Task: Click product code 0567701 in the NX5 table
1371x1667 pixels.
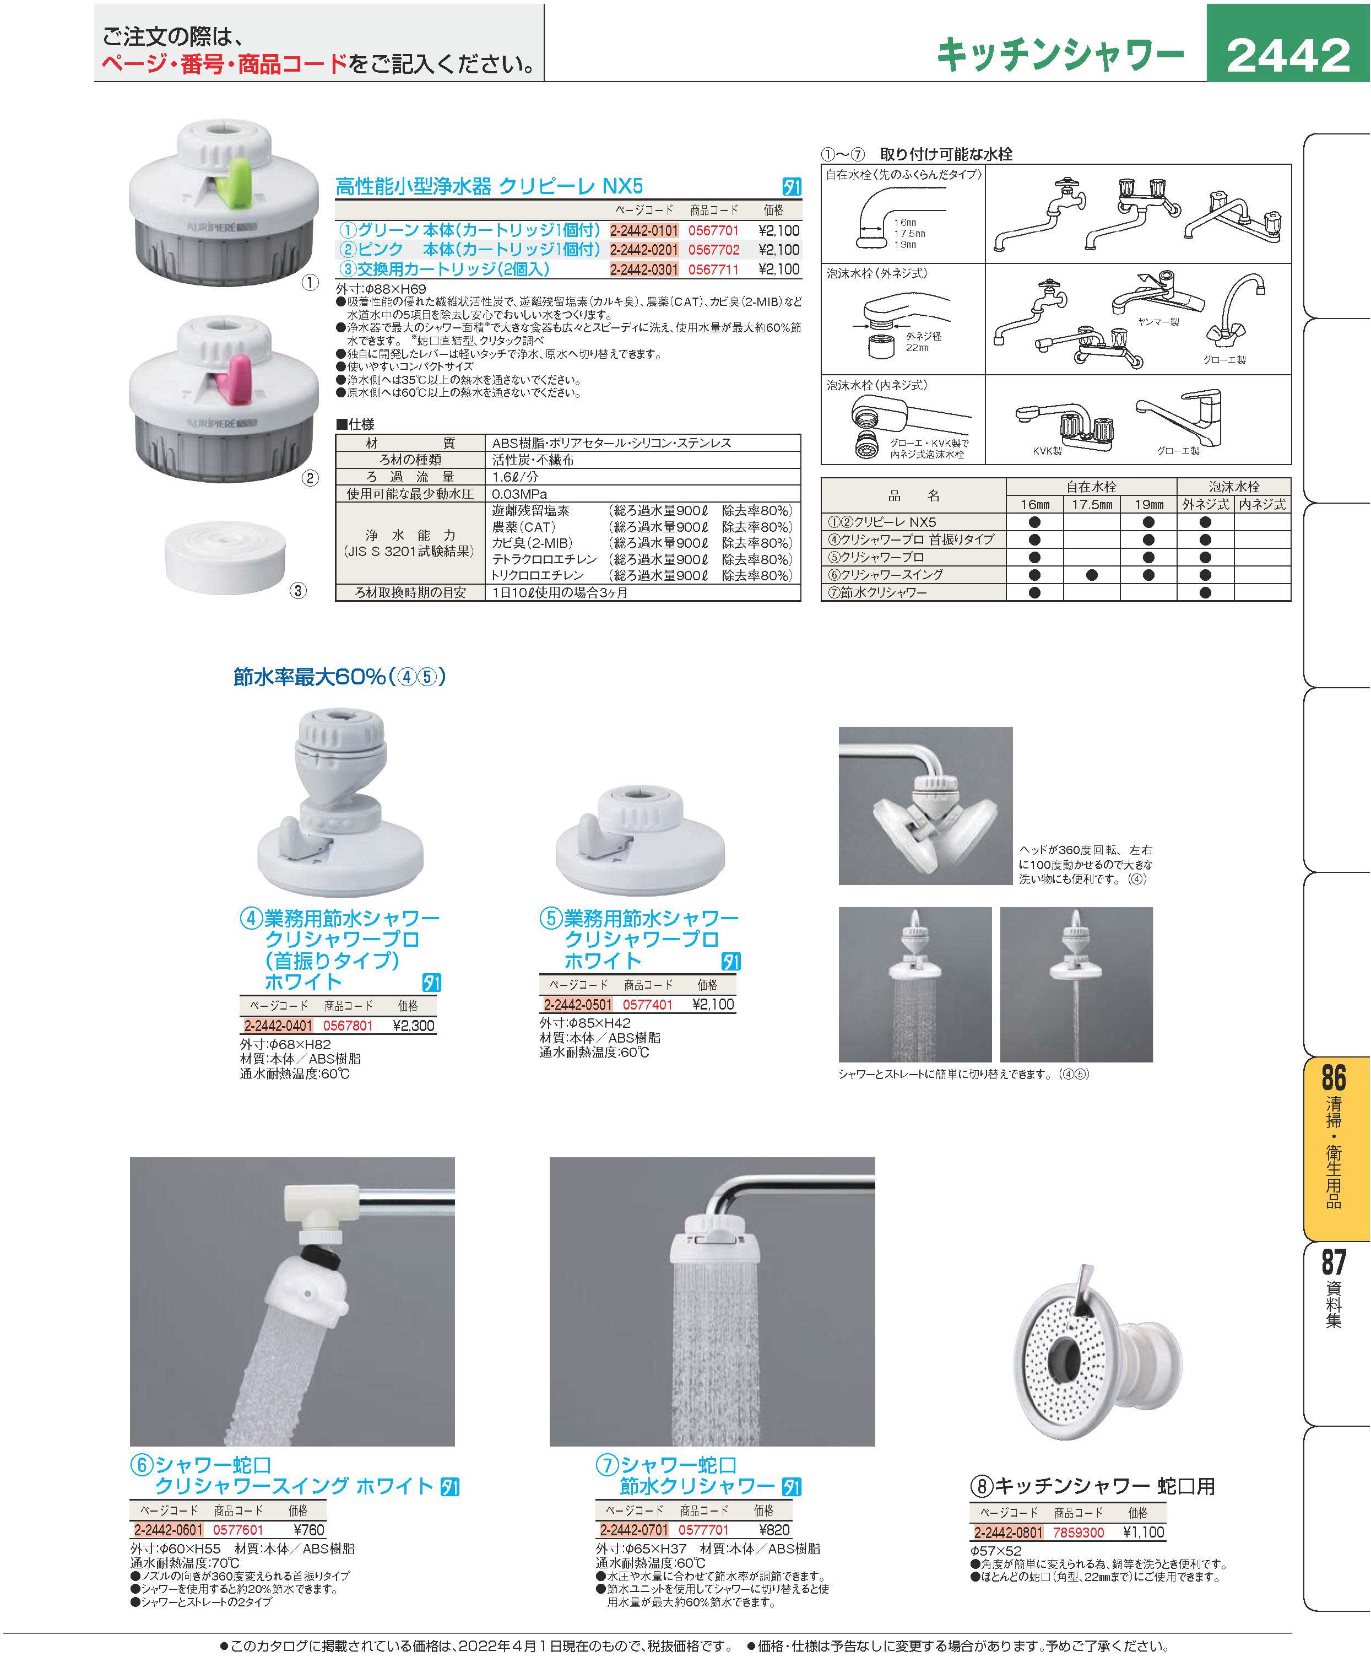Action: pyautogui.click(x=713, y=231)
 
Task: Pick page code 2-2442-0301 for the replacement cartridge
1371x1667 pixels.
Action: pyautogui.click(x=644, y=269)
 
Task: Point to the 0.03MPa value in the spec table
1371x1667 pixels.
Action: pyautogui.click(x=519, y=494)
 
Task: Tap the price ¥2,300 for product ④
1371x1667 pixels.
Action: pyautogui.click(x=413, y=1026)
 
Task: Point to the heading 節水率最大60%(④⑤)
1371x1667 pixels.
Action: pyautogui.click(x=340, y=677)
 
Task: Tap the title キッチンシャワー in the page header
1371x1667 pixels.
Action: pyautogui.click(x=1060, y=55)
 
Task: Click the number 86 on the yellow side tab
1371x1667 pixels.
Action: pyautogui.click(x=1333, y=1077)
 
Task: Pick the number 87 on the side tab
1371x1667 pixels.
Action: pyautogui.click(x=1333, y=1262)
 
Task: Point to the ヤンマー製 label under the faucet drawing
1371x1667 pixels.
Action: pyautogui.click(x=1158, y=322)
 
